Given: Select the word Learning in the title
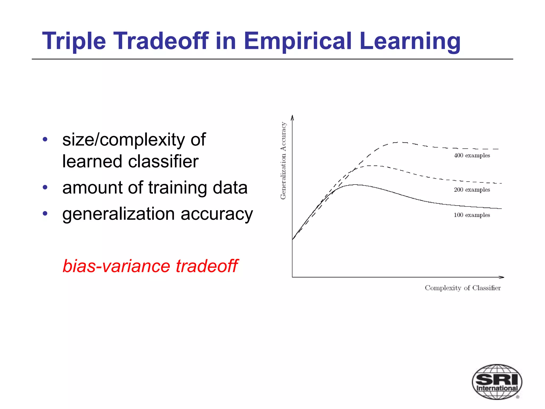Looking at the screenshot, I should [x=410, y=41].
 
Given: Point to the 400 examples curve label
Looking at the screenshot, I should [x=472, y=156].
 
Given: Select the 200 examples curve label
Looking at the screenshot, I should [x=472, y=190].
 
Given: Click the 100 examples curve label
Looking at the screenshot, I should [x=472, y=215].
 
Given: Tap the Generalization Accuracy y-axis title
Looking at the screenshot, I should [x=283, y=161].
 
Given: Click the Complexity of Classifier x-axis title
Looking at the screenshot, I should [x=463, y=288].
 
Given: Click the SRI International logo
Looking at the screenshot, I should [x=497, y=382].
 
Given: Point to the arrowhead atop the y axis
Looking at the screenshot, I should [x=292, y=117].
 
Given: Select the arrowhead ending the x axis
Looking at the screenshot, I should [x=502, y=277].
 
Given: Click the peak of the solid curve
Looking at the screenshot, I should [x=355, y=185].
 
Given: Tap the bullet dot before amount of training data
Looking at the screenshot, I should [x=45, y=187].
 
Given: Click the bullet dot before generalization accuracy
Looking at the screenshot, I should [x=45, y=213].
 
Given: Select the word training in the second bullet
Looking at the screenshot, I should [x=177, y=188].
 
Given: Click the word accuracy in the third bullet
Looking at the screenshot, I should [x=217, y=214].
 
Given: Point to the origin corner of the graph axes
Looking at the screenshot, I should [x=292, y=277].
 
